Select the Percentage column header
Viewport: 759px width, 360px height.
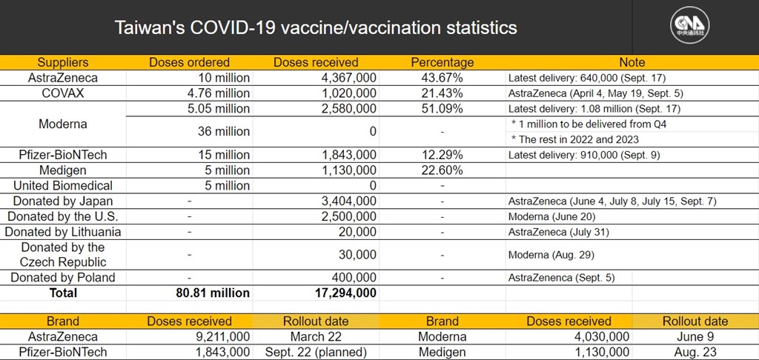click(442, 62)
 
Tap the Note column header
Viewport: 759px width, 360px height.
click(632, 62)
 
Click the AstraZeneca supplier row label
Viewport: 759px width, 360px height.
click(63, 78)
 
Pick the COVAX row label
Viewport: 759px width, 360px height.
click(63, 93)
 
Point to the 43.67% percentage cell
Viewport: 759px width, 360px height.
click(442, 78)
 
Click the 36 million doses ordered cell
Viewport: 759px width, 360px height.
click(224, 131)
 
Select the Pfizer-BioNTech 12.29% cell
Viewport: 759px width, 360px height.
click(442, 155)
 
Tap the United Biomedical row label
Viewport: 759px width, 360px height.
click(63, 186)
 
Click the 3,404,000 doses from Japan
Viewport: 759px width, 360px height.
click(348, 201)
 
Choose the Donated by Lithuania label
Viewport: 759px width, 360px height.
click(63, 232)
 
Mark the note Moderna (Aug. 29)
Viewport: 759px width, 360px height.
click(551, 255)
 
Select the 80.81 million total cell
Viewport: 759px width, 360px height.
click(213, 293)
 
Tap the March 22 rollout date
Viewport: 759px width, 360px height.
click(316, 337)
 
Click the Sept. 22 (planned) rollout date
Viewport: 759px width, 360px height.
click(316, 353)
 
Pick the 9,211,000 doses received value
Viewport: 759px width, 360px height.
click(222, 337)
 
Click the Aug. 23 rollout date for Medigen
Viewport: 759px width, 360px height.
click(695, 353)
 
